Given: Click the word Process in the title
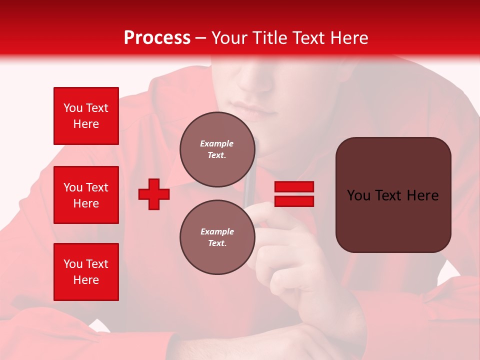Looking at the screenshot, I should click(157, 38).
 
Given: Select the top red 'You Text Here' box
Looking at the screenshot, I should click(86, 116).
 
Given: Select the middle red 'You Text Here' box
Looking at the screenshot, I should click(86, 195).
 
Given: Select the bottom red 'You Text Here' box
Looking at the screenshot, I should click(86, 272).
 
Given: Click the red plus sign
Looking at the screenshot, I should click(154, 194).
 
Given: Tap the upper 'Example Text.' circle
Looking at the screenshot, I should click(217, 149).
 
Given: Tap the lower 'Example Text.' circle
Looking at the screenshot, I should click(217, 237).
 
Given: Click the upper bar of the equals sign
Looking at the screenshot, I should click(294, 186).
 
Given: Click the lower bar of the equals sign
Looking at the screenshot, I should click(294, 201).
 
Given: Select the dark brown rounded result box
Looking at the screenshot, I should click(393, 220).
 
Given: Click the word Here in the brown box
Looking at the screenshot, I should click(422, 195).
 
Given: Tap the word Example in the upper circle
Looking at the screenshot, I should click(217, 143).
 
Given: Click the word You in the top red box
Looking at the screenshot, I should click(73, 108).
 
